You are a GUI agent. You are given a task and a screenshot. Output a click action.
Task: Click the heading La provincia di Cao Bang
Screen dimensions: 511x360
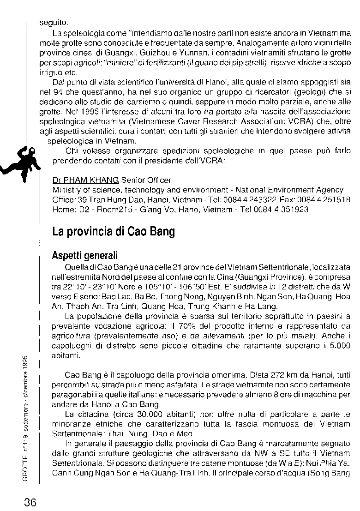(x=114, y=231)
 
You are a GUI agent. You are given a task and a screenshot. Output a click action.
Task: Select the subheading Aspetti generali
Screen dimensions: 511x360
(x=85, y=256)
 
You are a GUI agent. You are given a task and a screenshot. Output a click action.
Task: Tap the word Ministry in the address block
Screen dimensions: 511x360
(x=66, y=190)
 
